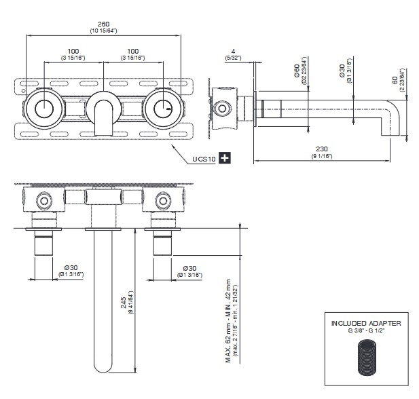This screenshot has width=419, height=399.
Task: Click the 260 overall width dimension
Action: (103, 24)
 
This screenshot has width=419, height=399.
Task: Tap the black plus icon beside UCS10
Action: (225, 158)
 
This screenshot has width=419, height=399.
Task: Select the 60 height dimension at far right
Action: (394, 80)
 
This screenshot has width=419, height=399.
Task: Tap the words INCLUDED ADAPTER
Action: (365, 323)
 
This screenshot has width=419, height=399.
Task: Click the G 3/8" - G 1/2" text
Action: (365, 331)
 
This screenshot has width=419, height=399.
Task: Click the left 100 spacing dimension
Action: (73, 52)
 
